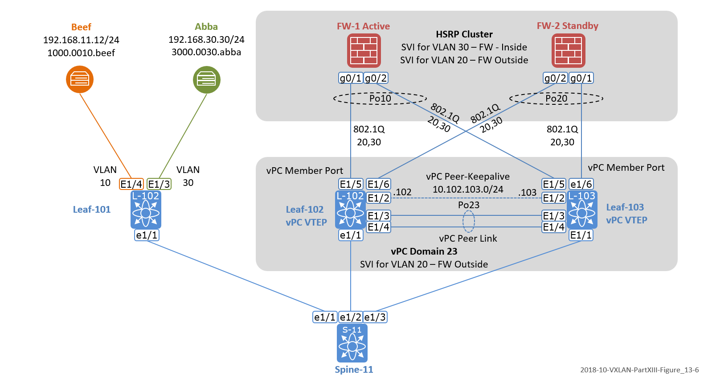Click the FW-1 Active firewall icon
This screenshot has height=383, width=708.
tap(364, 50)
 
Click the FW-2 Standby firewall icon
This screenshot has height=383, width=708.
tap(568, 50)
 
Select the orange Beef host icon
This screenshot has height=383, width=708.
tap(80, 79)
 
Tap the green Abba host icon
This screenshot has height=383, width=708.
tap(206, 80)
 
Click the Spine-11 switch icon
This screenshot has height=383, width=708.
tap(352, 343)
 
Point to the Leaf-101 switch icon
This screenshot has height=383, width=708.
tap(146, 210)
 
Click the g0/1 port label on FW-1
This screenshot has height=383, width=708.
tap(351, 78)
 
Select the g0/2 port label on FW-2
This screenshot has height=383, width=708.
tap(555, 78)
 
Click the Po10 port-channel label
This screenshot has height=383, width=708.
tap(380, 98)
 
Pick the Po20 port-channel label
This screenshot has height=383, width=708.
tap(556, 98)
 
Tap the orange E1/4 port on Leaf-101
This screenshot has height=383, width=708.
tap(131, 184)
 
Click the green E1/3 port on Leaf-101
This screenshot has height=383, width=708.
tap(159, 184)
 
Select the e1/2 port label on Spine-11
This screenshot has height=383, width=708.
tap(351, 317)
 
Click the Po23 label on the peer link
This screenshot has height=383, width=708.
tap(469, 205)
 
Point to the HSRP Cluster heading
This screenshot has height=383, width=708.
tap(464, 34)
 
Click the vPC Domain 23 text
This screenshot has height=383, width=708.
tap(424, 251)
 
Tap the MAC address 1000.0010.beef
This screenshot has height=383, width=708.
tap(81, 53)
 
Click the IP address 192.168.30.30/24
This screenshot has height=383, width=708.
tap(206, 40)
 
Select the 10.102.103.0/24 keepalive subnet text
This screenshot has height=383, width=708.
tap(468, 189)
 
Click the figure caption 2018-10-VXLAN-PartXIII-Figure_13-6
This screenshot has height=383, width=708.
tap(639, 370)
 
